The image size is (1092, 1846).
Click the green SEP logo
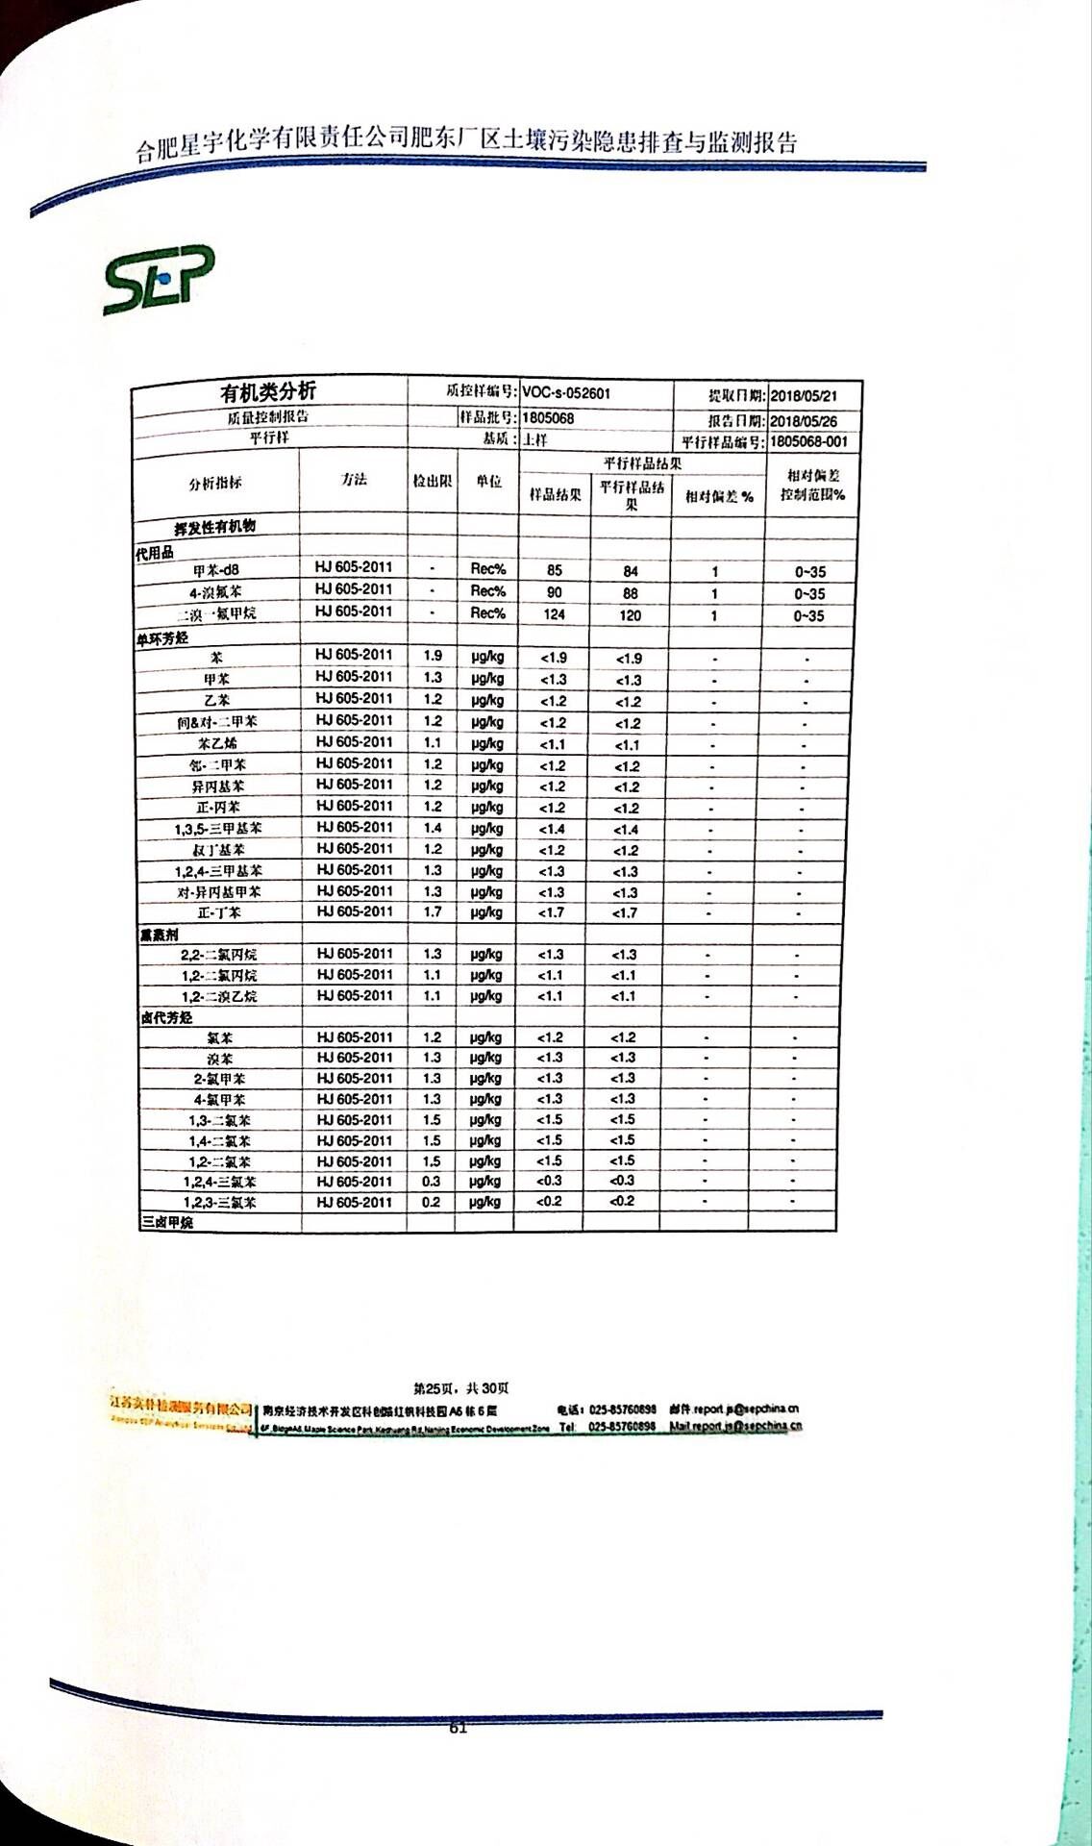click(159, 281)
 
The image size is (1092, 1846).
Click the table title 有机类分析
click(267, 392)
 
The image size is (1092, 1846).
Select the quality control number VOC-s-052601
click(566, 393)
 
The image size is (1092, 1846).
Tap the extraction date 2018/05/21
click(804, 396)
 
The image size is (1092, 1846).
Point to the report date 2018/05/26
click(804, 421)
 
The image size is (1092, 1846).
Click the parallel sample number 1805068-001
click(808, 442)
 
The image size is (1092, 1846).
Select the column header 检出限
click(432, 481)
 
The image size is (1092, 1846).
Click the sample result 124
click(554, 614)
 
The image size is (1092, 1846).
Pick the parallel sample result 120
click(630, 615)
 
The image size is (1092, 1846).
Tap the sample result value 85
click(554, 570)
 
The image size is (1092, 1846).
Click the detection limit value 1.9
click(433, 656)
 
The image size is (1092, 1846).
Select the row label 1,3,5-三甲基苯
click(218, 829)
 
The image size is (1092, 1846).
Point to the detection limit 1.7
click(433, 911)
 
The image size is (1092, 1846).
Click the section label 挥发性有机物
click(214, 528)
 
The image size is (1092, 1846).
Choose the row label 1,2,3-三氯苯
click(219, 1203)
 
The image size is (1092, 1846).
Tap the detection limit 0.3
click(431, 1182)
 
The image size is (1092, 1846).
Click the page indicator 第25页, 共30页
click(461, 1388)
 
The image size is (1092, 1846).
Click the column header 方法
click(354, 480)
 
